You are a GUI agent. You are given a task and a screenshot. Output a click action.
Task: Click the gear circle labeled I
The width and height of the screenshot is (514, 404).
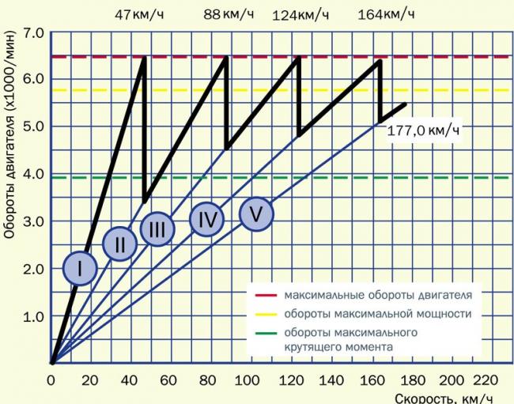point(79,268)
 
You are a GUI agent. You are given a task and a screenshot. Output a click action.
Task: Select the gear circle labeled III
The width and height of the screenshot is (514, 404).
point(157,228)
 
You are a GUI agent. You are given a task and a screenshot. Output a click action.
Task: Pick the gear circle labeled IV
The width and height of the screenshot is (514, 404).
point(207,219)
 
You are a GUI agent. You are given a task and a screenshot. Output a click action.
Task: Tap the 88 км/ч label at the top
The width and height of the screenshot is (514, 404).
point(226,15)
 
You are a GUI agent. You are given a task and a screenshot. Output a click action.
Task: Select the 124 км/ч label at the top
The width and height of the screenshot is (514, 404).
point(300,15)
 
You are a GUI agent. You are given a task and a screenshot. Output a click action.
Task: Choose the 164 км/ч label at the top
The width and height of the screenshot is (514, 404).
point(386,15)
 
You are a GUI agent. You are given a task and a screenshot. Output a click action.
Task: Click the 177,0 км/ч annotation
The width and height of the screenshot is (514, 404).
point(423,130)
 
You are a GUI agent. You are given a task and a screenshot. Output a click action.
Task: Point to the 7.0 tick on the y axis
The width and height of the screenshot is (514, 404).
point(33,33)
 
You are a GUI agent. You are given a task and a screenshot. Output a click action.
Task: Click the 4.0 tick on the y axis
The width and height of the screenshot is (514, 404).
point(33,175)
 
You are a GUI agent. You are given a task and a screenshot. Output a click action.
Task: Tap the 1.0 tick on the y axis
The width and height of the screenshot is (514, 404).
point(33,317)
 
